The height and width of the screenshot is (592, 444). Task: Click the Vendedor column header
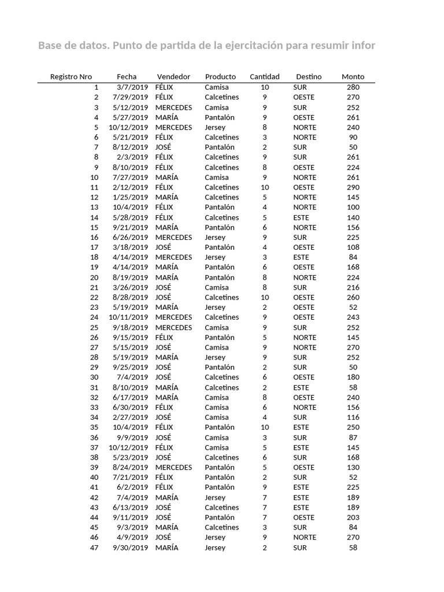(173, 76)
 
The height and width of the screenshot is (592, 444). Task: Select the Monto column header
(353, 76)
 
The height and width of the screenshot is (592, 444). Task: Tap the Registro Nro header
(71, 76)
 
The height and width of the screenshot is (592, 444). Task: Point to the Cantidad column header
(264, 76)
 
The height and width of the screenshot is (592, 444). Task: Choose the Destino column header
(309, 76)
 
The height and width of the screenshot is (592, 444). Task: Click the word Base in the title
(51, 46)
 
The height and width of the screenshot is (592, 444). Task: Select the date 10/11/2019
(128, 317)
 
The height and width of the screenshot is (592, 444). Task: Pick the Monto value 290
(353, 187)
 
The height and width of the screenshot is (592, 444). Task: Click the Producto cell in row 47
(215, 547)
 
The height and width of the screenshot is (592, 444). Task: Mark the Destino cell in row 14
(301, 217)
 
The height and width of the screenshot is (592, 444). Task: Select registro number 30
(94, 378)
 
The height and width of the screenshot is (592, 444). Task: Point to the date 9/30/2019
(130, 547)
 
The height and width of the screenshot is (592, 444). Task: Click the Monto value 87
(353, 438)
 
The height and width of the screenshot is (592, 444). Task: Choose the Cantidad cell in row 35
(264, 427)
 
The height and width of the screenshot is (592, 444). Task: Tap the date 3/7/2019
(132, 87)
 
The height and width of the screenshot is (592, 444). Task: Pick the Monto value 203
(353, 517)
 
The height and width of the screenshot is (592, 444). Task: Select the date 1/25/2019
(130, 197)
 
